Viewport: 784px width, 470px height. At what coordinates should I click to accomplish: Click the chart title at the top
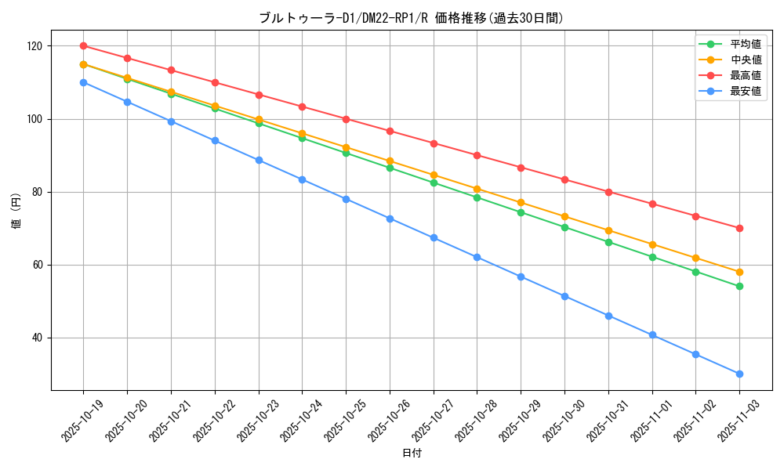411,18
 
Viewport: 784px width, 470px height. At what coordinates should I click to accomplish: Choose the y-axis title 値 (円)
16,212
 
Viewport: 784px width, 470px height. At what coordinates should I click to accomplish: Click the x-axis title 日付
411,454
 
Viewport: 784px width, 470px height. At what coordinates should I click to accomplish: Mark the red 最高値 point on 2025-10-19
83,46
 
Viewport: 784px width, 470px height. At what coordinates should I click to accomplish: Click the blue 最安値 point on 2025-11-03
739,374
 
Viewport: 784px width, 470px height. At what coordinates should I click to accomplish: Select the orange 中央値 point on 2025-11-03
739,272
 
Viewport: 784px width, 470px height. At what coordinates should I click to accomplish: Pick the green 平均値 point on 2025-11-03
739,286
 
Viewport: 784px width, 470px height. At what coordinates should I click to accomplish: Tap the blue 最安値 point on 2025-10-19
83,82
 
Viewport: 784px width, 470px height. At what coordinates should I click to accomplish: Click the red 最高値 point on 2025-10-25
346,119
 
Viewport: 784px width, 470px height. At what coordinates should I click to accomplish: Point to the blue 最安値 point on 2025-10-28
477,257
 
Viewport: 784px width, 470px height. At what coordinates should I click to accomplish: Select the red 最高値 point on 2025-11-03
739,228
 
